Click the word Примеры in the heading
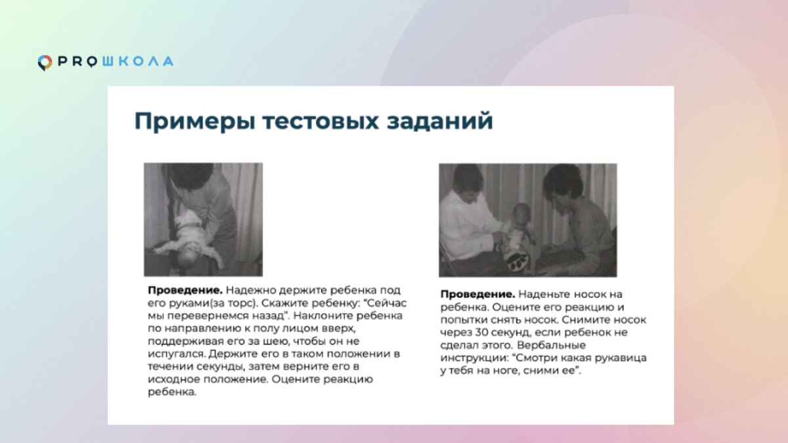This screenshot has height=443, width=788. (x=195, y=121)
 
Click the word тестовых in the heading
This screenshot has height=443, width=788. (x=321, y=121)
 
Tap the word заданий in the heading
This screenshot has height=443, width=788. (x=440, y=121)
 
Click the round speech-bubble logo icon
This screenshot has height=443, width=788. (x=45, y=63)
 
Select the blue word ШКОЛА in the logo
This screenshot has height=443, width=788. (x=137, y=62)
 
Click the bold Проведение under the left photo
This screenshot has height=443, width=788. (x=185, y=291)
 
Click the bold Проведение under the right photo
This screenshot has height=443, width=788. (x=478, y=294)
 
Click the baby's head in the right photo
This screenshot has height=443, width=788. (x=521, y=213)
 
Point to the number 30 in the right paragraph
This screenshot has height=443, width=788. (x=481, y=332)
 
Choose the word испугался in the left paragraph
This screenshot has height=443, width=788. (x=176, y=354)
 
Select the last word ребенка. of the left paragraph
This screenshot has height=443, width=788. (x=172, y=392)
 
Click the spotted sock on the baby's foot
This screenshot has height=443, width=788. (x=517, y=262)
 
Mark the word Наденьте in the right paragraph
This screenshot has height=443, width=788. (x=544, y=294)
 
